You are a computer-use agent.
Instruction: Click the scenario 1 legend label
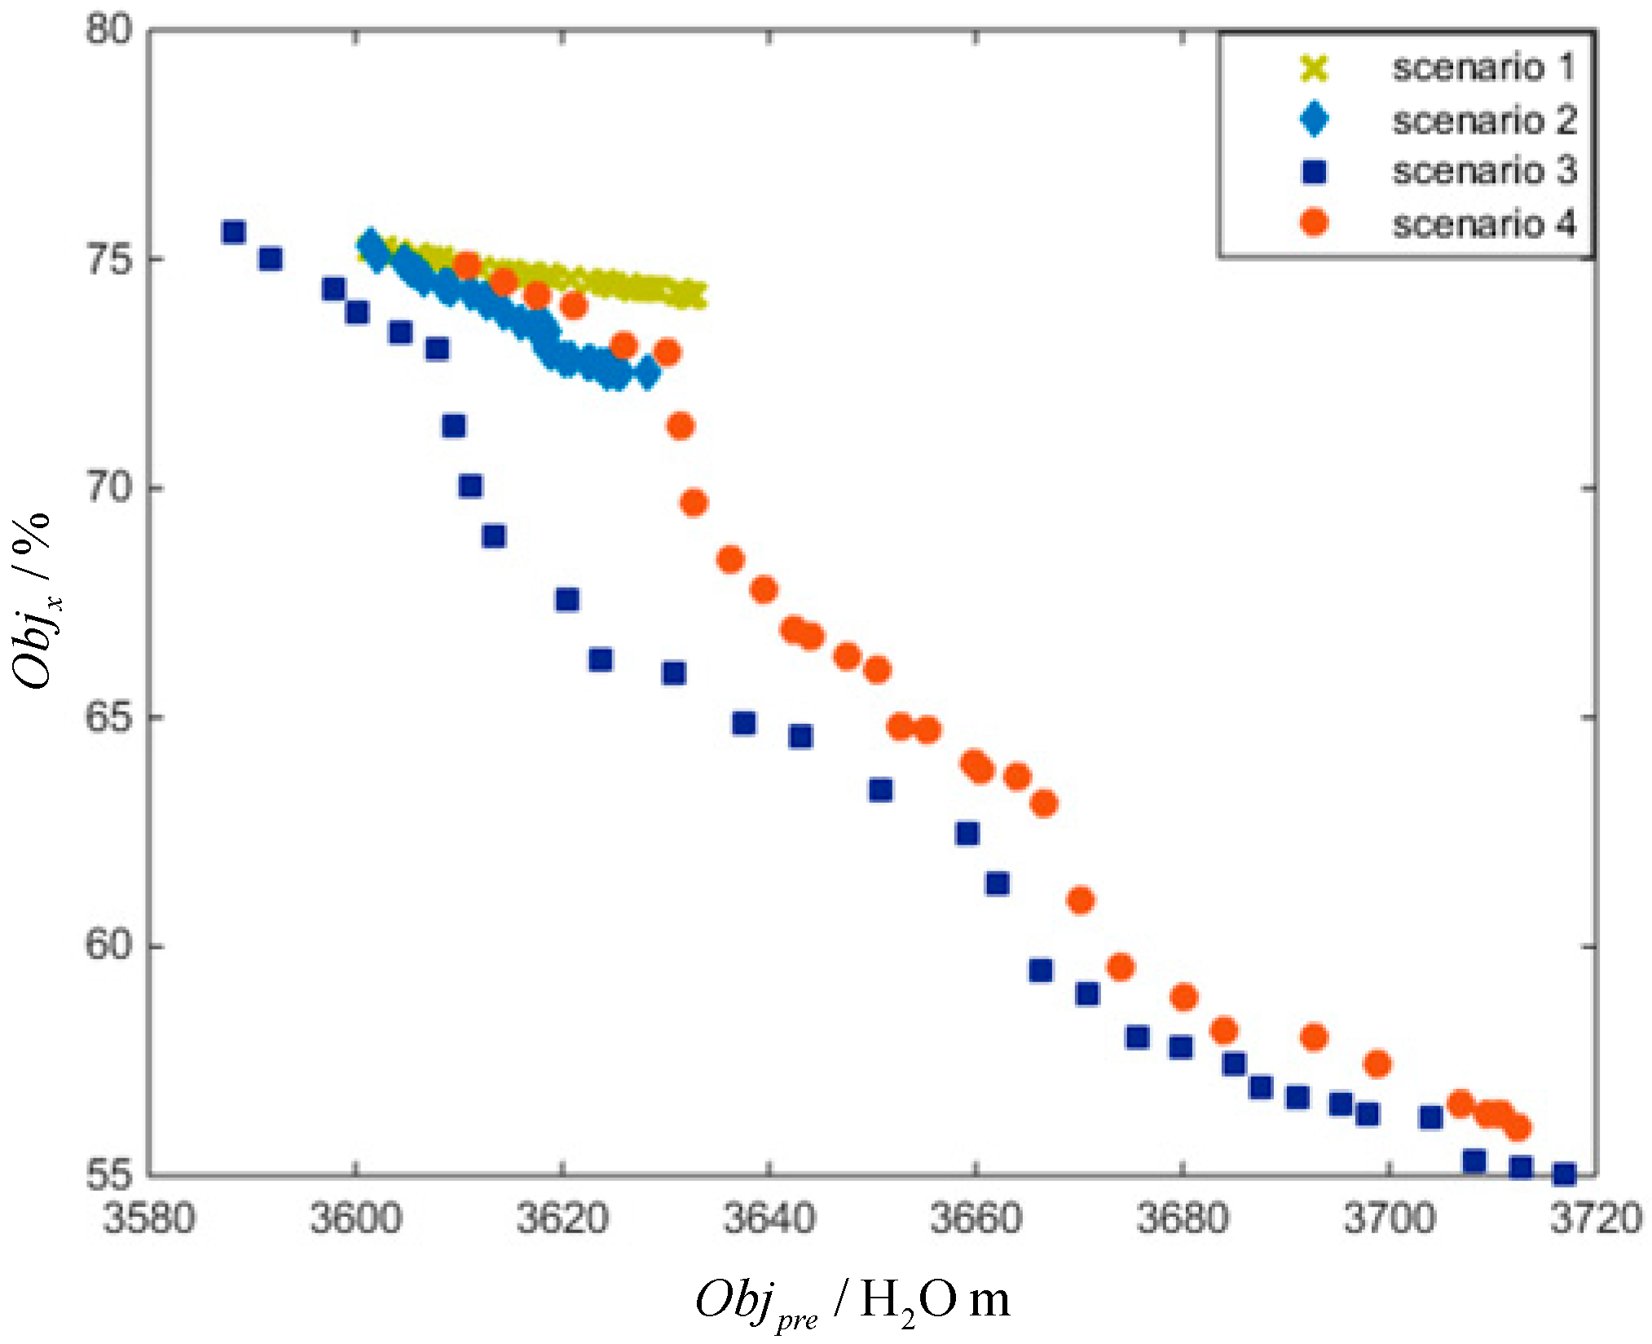1482,67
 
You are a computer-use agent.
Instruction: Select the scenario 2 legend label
1482,120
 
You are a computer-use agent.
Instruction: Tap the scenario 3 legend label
1482,171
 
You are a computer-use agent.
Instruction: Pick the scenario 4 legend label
1482,223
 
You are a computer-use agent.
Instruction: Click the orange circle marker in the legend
1314,222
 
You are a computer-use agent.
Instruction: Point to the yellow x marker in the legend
1314,68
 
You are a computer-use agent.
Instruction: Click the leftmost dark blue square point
233,232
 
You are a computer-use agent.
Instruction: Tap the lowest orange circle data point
1517,1127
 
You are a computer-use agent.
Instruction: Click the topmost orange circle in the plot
467,265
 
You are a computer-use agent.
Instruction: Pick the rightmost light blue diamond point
648,373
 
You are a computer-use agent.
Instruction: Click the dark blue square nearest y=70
470,487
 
